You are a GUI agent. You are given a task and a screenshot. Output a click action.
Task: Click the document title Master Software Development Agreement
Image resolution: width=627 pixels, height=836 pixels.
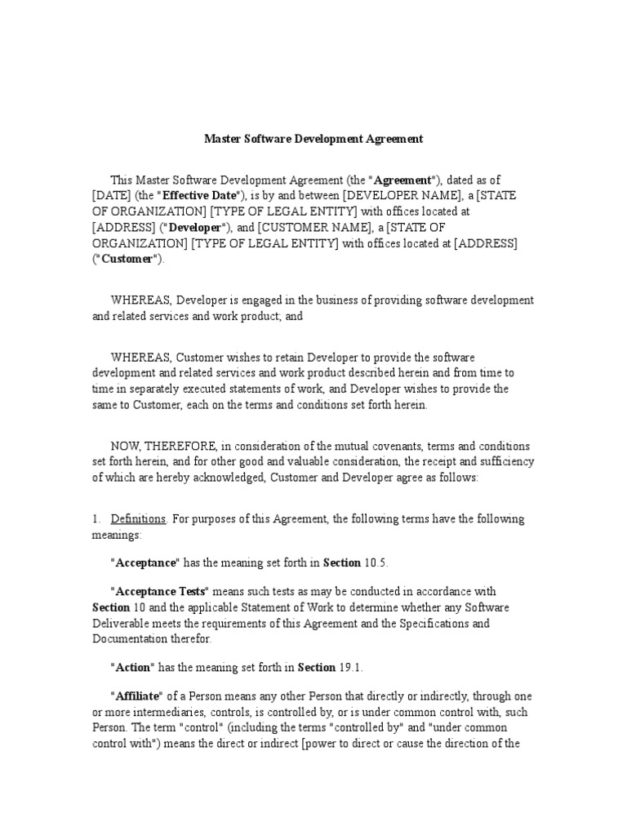tap(313, 139)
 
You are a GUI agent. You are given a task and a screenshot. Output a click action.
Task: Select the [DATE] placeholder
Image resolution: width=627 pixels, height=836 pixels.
tap(111, 196)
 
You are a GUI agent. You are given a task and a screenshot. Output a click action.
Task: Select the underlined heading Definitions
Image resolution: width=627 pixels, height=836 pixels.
tap(138, 519)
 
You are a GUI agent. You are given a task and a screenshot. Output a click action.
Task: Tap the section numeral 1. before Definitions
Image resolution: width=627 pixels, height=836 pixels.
tap(96, 519)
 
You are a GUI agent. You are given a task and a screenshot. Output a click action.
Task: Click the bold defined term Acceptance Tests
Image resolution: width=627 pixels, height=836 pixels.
tap(160, 591)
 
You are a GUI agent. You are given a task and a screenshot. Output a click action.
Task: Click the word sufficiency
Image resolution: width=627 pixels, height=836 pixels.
tap(505, 461)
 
